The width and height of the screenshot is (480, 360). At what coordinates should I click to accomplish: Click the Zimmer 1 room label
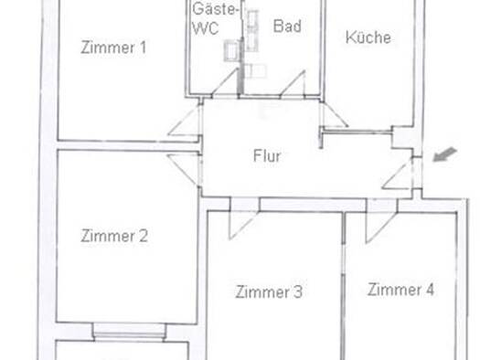[113, 48]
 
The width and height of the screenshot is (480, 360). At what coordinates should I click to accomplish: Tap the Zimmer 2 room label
[114, 236]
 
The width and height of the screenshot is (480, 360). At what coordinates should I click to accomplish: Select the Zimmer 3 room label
[269, 291]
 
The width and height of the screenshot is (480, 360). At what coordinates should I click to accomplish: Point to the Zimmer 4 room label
[400, 290]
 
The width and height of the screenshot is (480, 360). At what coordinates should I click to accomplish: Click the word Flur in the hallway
[267, 156]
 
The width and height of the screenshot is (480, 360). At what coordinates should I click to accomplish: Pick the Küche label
[368, 37]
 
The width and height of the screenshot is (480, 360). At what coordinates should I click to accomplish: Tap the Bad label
[287, 26]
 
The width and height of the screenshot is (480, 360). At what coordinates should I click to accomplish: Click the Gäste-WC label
[215, 18]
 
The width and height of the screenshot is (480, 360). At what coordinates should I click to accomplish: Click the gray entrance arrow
[445, 154]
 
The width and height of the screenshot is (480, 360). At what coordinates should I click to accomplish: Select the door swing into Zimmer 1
[184, 120]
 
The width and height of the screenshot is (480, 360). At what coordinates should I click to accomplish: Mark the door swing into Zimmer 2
[183, 170]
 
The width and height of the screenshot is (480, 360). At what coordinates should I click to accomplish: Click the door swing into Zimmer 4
[380, 227]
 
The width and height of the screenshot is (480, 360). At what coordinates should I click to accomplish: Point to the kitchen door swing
[334, 114]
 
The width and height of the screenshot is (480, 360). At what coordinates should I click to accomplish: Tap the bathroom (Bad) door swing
[293, 83]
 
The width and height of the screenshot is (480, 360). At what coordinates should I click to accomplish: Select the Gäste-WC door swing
[225, 82]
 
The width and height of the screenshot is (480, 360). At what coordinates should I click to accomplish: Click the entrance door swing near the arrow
[398, 174]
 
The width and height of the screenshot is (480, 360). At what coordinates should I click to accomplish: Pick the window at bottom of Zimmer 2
[129, 332]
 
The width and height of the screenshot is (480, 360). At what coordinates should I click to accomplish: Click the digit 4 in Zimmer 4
[430, 290]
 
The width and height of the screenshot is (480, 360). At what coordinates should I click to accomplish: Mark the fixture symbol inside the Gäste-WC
[231, 50]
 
